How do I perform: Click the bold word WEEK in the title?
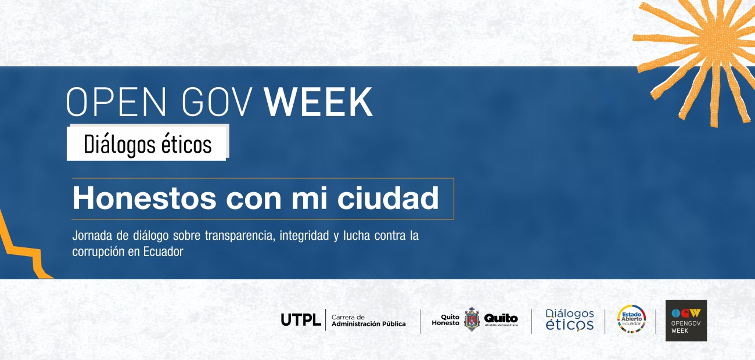pos(318,102)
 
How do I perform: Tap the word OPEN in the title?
pos(116,102)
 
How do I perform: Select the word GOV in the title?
pos(217,102)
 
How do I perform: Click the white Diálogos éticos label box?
pos(148,143)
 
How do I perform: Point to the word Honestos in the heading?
pos(144,198)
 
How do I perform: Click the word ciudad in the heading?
pos(388,198)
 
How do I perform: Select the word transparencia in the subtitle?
pos(240,236)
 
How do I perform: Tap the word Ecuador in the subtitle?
pos(163,251)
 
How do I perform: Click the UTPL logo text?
pos(301,319)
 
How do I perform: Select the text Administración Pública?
pos(369,324)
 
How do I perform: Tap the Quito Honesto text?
pos(445,320)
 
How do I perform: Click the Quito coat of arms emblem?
pos(472,319)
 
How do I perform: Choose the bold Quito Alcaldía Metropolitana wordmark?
pos(501,319)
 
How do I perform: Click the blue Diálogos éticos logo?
pos(570,320)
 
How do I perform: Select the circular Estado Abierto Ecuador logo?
pos(631,319)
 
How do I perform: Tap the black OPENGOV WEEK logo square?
pos(686,321)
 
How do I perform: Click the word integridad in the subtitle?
pos(304,236)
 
